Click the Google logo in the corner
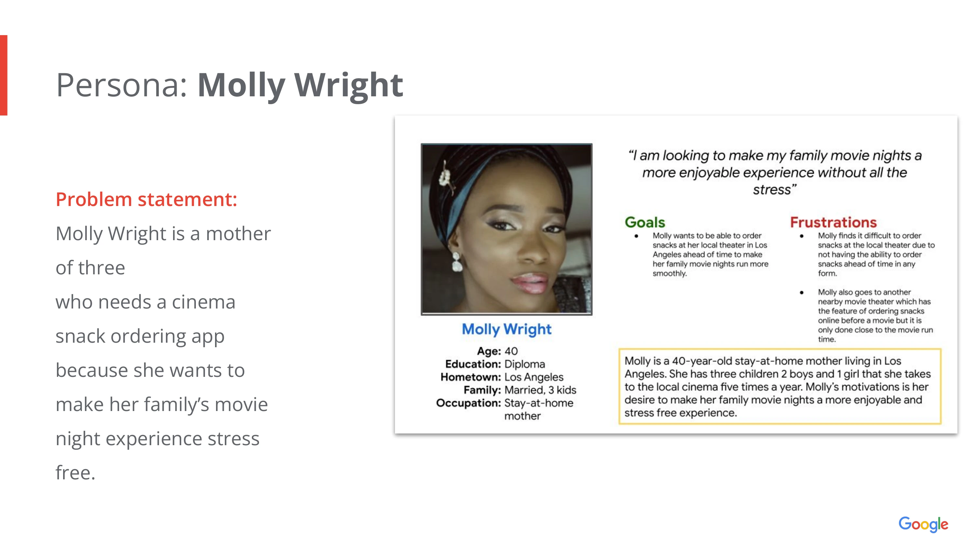click(923, 524)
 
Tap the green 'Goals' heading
click(645, 222)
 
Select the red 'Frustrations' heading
click(834, 222)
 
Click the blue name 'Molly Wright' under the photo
click(507, 329)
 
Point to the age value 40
click(511, 351)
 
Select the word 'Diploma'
click(525, 364)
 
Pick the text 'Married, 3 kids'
click(540, 390)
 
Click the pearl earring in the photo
click(457, 262)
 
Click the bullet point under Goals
click(637, 236)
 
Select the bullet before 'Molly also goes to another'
click(802, 293)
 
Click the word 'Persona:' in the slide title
click(122, 85)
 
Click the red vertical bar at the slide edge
click(3, 75)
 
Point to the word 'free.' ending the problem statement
click(75, 473)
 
